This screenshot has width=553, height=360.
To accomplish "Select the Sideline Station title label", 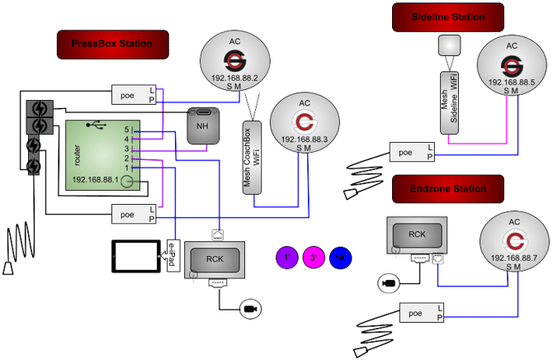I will coord(447,17).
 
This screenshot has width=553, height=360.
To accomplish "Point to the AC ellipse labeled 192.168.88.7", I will coord(515,244).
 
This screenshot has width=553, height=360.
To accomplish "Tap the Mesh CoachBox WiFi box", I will coord(250,158).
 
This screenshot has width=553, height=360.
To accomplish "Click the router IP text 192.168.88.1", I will coord(95,179).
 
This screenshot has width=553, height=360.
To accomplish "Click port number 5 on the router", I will coord(127,130).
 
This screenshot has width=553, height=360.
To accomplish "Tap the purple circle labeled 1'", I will coord(286,258).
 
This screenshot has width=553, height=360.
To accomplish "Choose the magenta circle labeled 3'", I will coord(314,258).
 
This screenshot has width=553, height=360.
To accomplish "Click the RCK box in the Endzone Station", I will coord(417,234).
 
